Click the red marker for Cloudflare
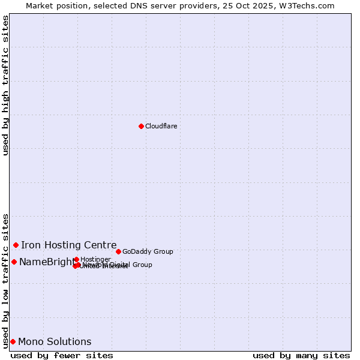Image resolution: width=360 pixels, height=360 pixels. [141, 126]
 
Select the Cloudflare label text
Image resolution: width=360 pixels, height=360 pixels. [161, 126]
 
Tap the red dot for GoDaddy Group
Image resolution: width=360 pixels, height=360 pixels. [118, 251]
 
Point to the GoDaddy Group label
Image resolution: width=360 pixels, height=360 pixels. [148, 251]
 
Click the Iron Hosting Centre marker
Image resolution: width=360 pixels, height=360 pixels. [16, 245]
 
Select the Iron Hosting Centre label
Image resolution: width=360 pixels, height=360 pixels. [68, 245]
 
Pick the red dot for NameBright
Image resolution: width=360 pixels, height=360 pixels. [14, 262]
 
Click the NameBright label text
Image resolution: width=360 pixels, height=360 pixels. [46, 262]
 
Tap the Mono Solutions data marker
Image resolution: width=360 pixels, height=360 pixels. [13, 341]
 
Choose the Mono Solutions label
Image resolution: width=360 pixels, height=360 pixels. [55, 341]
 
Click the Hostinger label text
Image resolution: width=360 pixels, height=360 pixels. [95, 259]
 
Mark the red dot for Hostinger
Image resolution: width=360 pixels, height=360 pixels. [76, 259]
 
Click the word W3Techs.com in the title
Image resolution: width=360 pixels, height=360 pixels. [308, 5]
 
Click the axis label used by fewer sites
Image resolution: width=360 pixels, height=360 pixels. [62, 355]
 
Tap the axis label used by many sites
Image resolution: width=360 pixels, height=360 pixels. [301, 355]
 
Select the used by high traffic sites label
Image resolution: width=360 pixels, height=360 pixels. [5, 85]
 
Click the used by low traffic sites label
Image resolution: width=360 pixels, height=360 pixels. [5, 280]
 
